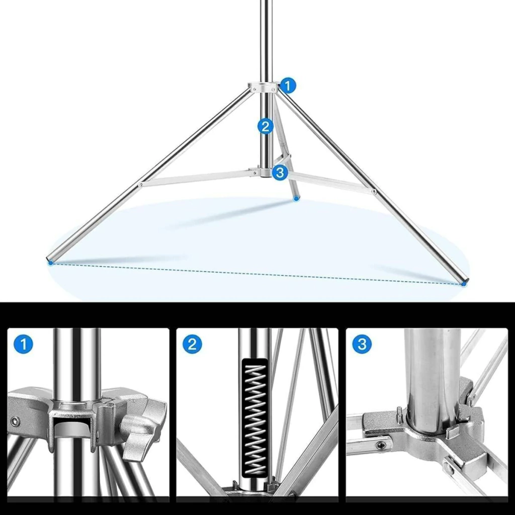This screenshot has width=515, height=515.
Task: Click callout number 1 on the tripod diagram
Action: [288, 86]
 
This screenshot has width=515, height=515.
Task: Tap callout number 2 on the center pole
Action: [266, 126]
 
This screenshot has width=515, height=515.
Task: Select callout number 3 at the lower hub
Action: [280, 172]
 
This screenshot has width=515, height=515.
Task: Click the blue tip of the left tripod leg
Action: [51, 263]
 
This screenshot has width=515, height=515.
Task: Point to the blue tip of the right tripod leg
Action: [463, 284]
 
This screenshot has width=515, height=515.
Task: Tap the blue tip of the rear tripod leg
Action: [297, 198]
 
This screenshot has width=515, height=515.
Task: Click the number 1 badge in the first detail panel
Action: [23, 344]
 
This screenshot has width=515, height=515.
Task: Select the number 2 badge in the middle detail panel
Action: [192, 344]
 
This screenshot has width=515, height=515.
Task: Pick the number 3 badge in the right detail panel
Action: [362, 344]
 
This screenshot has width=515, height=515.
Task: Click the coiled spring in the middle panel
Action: [255, 419]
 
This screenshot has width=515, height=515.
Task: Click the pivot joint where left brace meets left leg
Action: [141, 185]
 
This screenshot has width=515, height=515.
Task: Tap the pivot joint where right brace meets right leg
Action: [374, 191]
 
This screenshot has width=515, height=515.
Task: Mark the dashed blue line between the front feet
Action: [257, 273]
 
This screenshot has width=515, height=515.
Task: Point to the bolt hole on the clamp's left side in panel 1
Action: [15, 421]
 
